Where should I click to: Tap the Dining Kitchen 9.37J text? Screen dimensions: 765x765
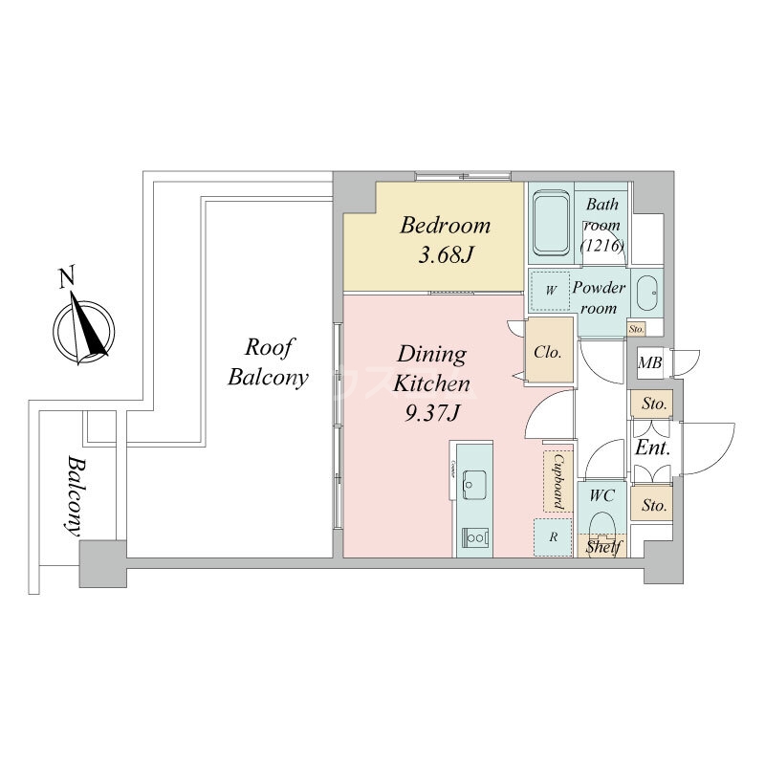431,383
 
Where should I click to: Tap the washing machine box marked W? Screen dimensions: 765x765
551,290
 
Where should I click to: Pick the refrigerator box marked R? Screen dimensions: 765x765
553,537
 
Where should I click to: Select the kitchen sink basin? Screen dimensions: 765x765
472,486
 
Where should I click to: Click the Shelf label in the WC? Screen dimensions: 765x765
603,547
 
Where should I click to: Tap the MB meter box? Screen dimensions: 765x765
651,362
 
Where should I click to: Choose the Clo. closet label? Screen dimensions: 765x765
548,351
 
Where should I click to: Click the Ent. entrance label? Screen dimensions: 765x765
652,448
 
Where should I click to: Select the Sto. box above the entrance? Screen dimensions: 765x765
654,404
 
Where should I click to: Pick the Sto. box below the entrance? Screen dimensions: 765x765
654,504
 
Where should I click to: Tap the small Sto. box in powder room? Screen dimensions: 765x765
637,330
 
